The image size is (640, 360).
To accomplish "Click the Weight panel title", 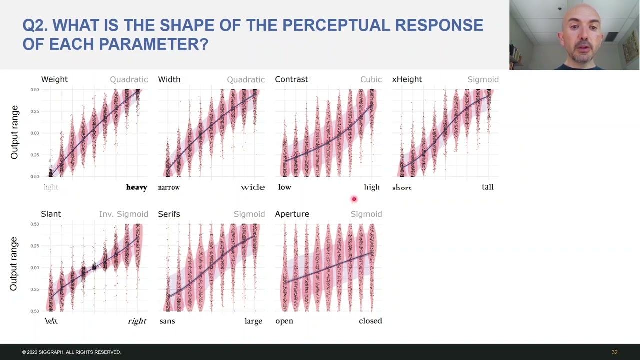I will (x=54, y=79).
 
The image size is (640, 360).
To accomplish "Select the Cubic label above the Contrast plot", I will (x=371, y=79).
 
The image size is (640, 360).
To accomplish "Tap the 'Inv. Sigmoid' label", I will (x=123, y=214).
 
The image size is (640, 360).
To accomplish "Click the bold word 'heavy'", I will (x=136, y=187).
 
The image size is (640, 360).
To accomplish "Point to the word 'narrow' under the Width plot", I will (x=169, y=187).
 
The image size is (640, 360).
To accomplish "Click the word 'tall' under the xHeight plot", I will (x=487, y=187).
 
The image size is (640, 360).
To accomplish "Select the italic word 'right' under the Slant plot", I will (x=137, y=321).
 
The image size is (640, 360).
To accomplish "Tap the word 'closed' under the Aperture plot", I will (x=370, y=321).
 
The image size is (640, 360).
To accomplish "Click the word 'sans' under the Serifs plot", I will (x=167, y=321).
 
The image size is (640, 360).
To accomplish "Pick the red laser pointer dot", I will (x=354, y=199).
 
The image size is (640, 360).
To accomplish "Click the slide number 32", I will (x=614, y=352).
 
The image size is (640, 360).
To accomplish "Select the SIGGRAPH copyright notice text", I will (x=71, y=352).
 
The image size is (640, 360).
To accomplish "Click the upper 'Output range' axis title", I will (x=14, y=132).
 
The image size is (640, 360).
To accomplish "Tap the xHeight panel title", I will (x=407, y=79).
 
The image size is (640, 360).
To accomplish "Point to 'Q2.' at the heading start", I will (x=35, y=25).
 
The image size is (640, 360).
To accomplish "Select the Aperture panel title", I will (x=292, y=214).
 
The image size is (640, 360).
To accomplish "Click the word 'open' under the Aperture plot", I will (x=284, y=321).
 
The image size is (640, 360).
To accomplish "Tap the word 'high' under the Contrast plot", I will (x=371, y=187).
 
